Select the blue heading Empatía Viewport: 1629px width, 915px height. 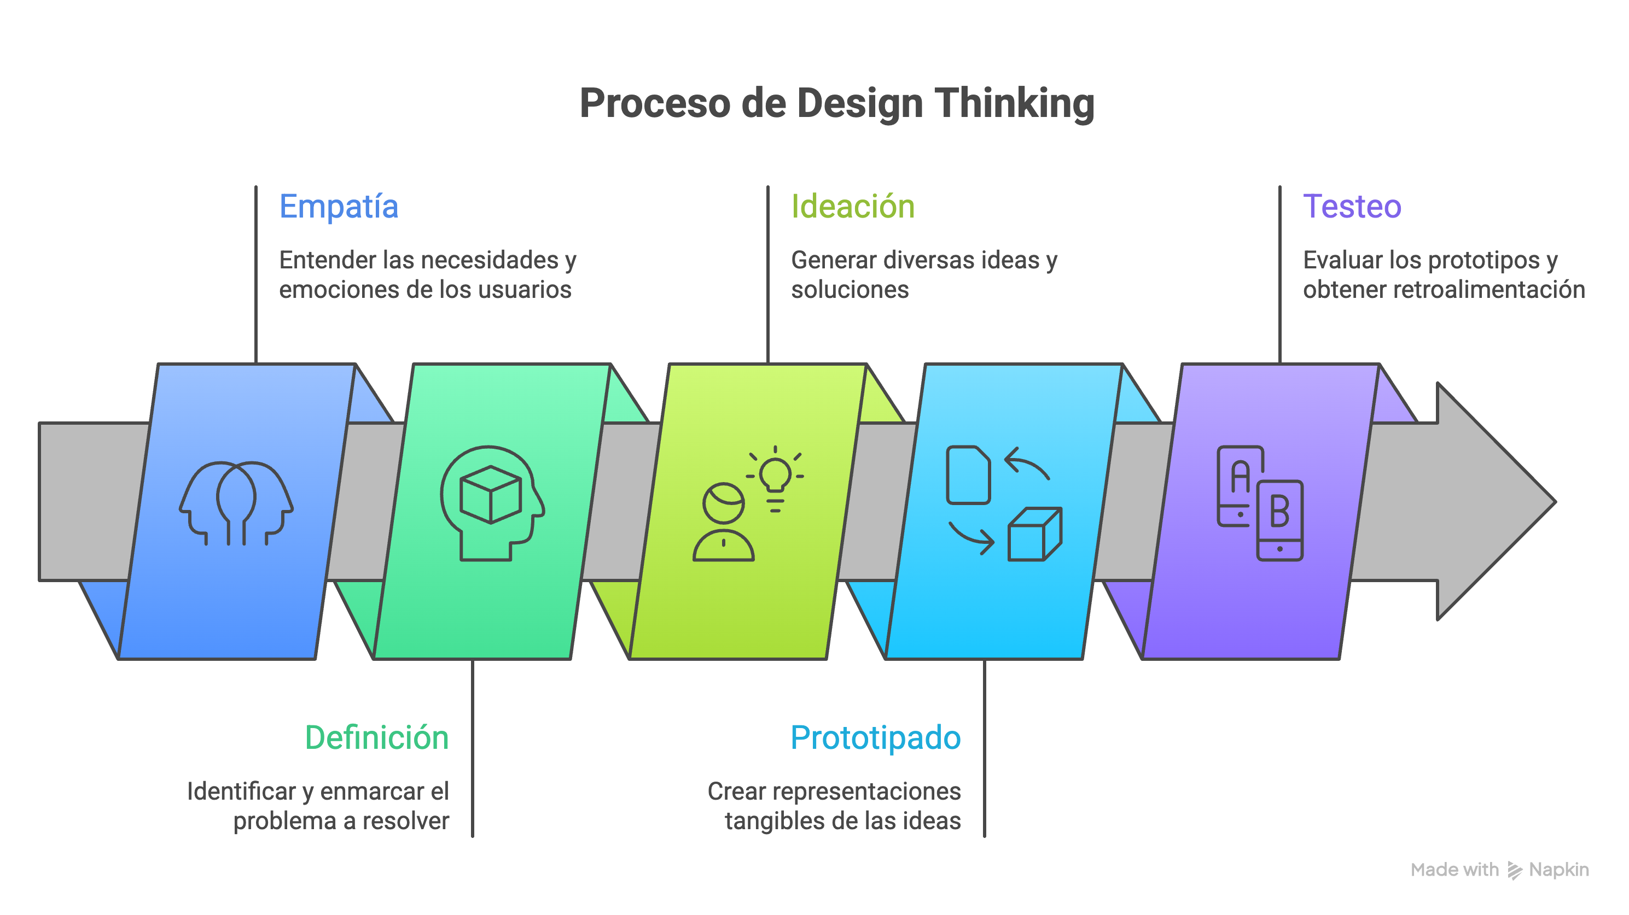[x=339, y=207]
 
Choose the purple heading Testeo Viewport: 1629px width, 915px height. [x=1352, y=207]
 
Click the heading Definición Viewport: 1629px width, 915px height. [x=377, y=737]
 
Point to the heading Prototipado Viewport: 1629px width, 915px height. [x=875, y=737]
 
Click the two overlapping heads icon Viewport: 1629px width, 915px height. [x=236, y=502]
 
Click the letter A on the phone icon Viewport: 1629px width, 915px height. [x=1240, y=477]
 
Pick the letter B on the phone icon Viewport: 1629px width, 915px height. [x=1279, y=512]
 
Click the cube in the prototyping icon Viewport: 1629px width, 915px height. [x=1034, y=535]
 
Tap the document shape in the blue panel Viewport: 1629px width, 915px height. [x=968, y=475]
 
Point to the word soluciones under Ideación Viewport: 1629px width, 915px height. [x=850, y=289]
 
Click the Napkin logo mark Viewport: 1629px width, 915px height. [x=1515, y=870]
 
